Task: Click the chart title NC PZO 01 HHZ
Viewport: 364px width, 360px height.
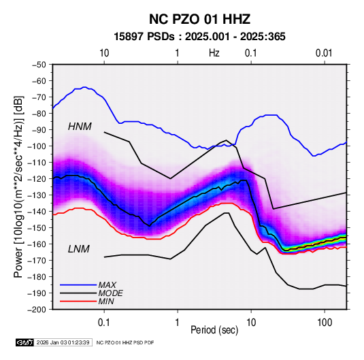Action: pos(199,19)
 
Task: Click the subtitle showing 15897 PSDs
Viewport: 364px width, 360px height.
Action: pos(199,37)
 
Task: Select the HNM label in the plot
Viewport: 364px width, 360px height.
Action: pos(80,127)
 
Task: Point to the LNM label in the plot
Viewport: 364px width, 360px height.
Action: pos(79,249)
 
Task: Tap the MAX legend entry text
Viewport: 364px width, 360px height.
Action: pos(107,284)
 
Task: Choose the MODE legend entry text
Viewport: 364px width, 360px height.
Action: pos(110,293)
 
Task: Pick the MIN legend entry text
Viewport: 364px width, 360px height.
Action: pos(106,301)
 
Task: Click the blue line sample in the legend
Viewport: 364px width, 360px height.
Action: pos(78,285)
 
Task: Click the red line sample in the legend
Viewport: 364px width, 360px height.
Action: pos(78,301)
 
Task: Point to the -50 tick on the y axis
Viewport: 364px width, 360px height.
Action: pos(39,65)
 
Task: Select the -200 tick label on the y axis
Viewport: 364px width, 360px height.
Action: pos(37,310)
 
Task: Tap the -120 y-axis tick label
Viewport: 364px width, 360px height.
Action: pos(37,179)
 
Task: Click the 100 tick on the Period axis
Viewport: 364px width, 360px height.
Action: pos(325,323)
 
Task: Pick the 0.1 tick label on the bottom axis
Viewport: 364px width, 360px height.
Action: pos(104,323)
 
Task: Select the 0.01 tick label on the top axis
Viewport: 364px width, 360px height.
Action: pos(324,53)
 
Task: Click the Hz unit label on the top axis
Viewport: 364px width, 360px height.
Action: pos(214,53)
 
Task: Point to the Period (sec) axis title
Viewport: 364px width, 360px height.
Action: pos(214,330)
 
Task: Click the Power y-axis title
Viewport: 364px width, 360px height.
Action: pos(18,186)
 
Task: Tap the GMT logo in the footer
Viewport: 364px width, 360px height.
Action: pos(25,342)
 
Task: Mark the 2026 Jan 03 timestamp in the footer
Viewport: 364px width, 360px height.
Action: pos(63,342)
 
